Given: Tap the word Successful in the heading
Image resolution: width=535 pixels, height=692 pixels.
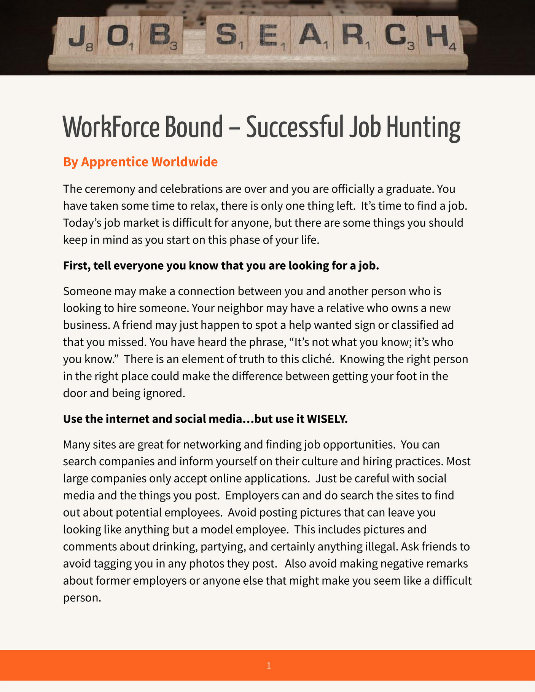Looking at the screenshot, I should click(295, 127).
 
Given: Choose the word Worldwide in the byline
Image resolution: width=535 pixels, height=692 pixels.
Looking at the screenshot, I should click(185, 162).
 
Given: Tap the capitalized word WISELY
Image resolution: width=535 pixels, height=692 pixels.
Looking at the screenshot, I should click(327, 419).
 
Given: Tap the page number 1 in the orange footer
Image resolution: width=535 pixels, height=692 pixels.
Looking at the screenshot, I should click(269, 665).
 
